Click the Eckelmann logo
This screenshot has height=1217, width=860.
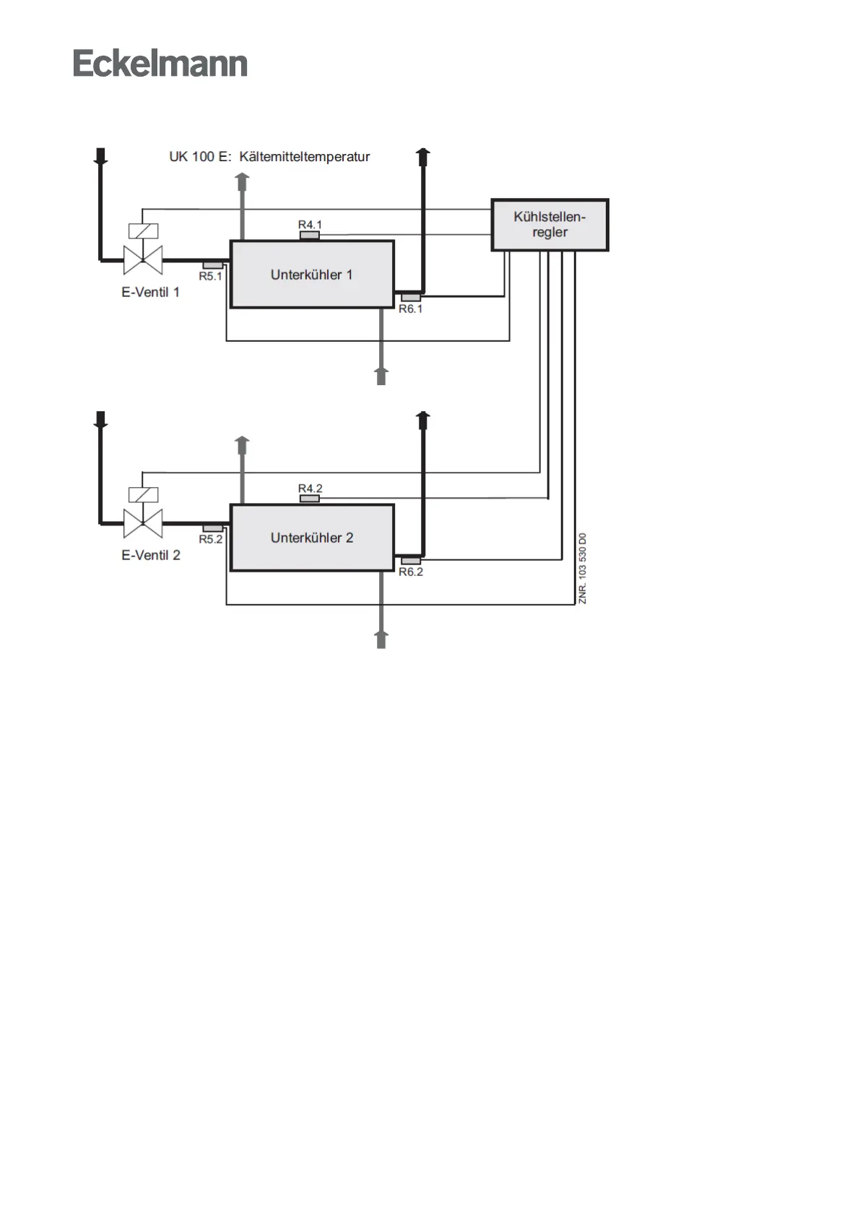pyautogui.click(x=160, y=64)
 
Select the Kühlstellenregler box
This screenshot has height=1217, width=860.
pyautogui.click(x=550, y=225)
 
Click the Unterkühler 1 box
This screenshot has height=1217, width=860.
pyautogui.click(x=312, y=275)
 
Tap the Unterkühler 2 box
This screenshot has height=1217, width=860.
pyautogui.click(x=312, y=538)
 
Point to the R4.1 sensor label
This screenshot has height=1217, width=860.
pyautogui.click(x=310, y=225)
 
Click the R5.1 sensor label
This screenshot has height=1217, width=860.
pyautogui.click(x=211, y=276)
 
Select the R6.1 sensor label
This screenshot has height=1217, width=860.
pyautogui.click(x=411, y=309)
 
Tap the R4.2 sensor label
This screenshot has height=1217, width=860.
pyautogui.click(x=310, y=489)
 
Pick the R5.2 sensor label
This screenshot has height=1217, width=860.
pyautogui.click(x=211, y=539)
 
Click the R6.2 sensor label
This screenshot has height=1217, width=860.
pyautogui.click(x=411, y=572)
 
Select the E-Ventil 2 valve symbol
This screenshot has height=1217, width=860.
pyautogui.click(x=143, y=523)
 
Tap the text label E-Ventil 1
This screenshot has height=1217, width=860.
pyautogui.click(x=150, y=293)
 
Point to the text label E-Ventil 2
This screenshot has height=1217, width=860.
pyautogui.click(x=150, y=556)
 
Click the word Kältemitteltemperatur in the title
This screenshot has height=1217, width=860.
pyautogui.click(x=304, y=157)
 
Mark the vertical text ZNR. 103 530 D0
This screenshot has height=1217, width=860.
pyautogui.click(x=583, y=569)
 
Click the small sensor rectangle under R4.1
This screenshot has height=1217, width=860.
pyautogui.click(x=310, y=235)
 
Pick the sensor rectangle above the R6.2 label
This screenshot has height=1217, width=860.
pyautogui.click(x=411, y=561)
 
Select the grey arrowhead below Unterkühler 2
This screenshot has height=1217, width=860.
pyautogui.click(x=381, y=637)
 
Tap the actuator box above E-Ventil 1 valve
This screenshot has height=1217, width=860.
pyautogui.click(x=143, y=231)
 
